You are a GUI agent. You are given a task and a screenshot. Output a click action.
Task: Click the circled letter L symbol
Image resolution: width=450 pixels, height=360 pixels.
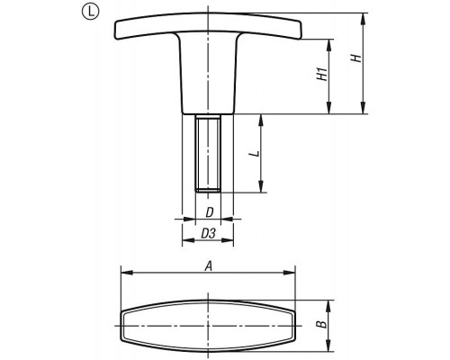click(x=91, y=12)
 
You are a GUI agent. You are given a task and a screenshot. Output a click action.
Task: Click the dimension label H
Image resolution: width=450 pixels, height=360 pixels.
click(x=356, y=58)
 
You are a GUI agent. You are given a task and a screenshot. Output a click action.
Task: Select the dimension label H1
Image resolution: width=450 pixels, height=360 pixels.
click(x=322, y=75)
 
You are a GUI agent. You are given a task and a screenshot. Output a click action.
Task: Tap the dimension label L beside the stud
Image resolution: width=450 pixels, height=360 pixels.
click(x=255, y=154)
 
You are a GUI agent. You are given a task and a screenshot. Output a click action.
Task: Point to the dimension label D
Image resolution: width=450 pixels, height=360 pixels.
click(x=210, y=212)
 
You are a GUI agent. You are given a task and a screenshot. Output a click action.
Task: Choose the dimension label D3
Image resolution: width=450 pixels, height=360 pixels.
click(x=208, y=233)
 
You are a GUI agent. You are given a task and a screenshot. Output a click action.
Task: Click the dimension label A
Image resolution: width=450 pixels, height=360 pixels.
click(x=208, y=266)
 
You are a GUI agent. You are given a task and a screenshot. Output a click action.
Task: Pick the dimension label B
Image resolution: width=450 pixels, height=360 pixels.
click(x=321, y=324)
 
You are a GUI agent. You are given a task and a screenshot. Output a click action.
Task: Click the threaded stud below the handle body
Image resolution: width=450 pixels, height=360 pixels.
click(x=208, y=153)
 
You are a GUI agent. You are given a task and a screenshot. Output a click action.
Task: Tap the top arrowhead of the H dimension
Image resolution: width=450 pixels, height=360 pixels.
click(x=364, y=19)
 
